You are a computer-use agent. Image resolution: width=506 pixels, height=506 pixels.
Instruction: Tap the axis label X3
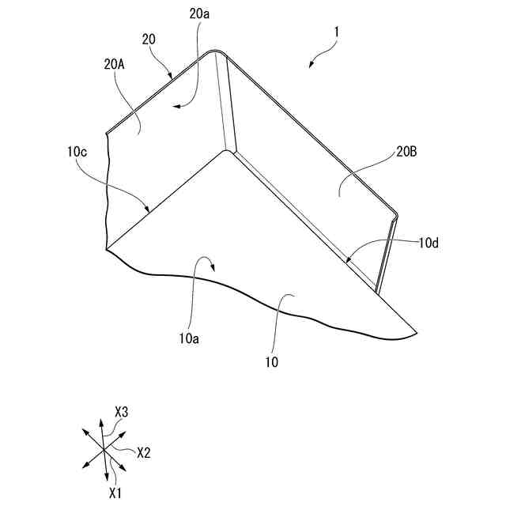pyautogui.click(x=122, y=411)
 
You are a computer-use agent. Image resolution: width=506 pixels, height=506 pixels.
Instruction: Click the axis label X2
pyautogui.click(x=144, y=453)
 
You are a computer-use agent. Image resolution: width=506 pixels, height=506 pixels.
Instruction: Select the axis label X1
pyautogui.click(x=115, y=493)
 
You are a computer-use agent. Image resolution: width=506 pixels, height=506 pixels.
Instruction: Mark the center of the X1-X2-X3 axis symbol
pyautogui.click(x=104, y=449)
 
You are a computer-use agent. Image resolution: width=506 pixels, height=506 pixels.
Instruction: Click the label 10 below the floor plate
pyautogui.click(x=272, y=364)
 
